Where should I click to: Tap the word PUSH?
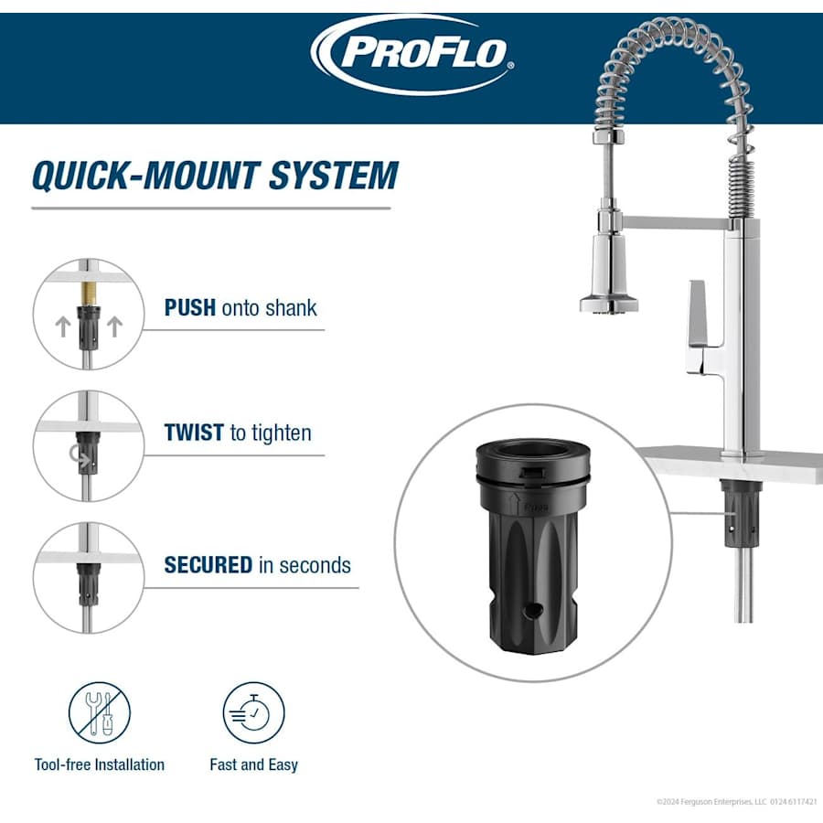[x=190, y=307]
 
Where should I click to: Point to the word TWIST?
[x=194, y=433]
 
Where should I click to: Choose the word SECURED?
[x=208, y=565]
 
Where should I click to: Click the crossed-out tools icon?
[x=100, y=713]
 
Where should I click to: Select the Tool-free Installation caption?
[x=100, y=764]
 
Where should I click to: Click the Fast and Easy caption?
[x=253, y=764]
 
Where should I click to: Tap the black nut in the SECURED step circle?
[x=88, y=583]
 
